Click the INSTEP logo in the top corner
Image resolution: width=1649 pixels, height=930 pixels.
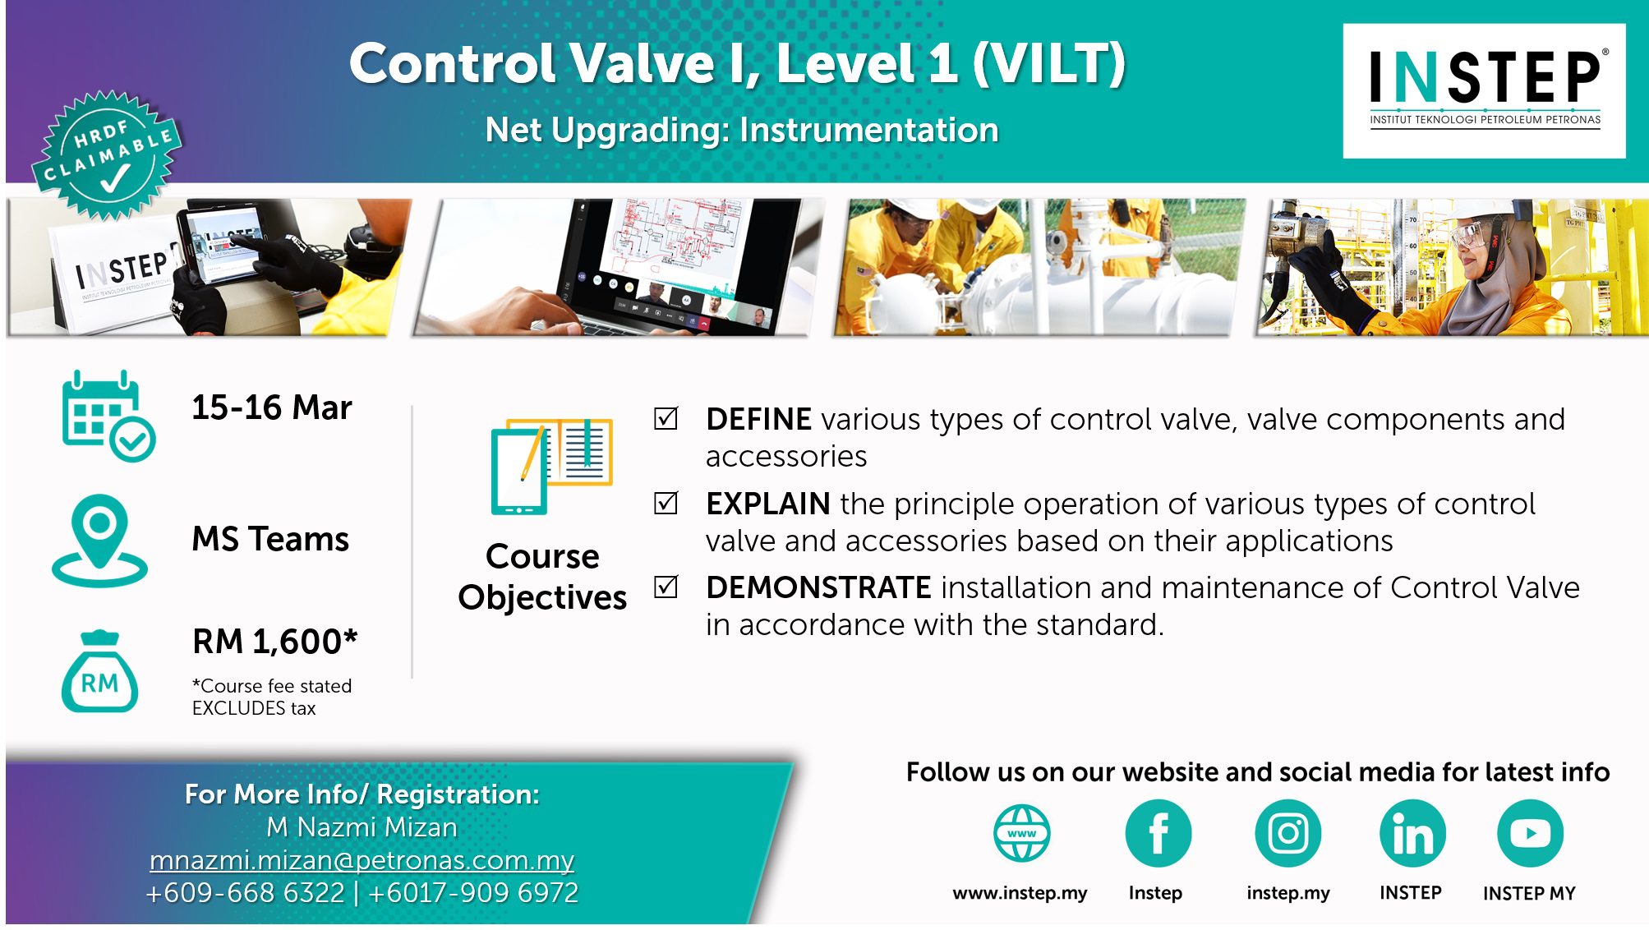(1484, 90)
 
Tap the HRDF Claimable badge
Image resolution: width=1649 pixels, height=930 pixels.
(107, 155)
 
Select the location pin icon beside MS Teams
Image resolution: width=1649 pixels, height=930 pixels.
(99, 540)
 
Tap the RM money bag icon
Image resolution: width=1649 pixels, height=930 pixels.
(99, 671)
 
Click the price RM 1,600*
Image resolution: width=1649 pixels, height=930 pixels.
(275, 642)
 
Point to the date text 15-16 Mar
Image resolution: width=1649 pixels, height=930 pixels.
(272, 407)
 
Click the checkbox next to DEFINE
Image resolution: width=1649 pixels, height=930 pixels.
(666, 418)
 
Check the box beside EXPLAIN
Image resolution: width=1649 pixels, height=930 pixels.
(666, 503)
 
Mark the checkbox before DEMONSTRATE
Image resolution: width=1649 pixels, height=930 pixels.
(666, 587)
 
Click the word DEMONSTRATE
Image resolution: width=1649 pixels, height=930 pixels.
(818, 587)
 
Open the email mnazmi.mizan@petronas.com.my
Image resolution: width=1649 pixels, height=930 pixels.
(362, 860)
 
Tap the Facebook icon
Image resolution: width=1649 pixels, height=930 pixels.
(1158, 833)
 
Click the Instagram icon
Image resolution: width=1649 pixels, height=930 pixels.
(1287, 833)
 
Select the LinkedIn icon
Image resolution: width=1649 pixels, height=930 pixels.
(1412, 833)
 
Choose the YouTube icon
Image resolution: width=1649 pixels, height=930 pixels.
(1530, 833)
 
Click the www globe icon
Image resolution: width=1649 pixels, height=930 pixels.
(1021, 833)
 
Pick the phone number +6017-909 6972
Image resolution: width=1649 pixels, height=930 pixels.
(473, 893)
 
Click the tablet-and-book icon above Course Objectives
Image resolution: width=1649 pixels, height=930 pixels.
(551, 466)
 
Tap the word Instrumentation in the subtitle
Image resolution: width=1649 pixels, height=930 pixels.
(869, 130)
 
